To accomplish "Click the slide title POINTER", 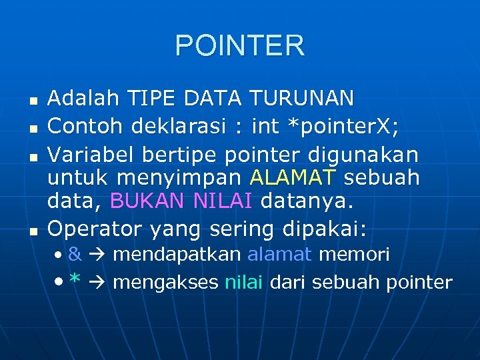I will pos(240,45).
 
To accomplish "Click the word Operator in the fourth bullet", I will pos(95,229).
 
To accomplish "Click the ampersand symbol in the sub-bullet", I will pos(75,255).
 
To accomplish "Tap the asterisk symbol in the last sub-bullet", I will pos(75,281).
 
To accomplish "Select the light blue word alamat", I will pos(279,255).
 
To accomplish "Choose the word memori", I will pos(354,255).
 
